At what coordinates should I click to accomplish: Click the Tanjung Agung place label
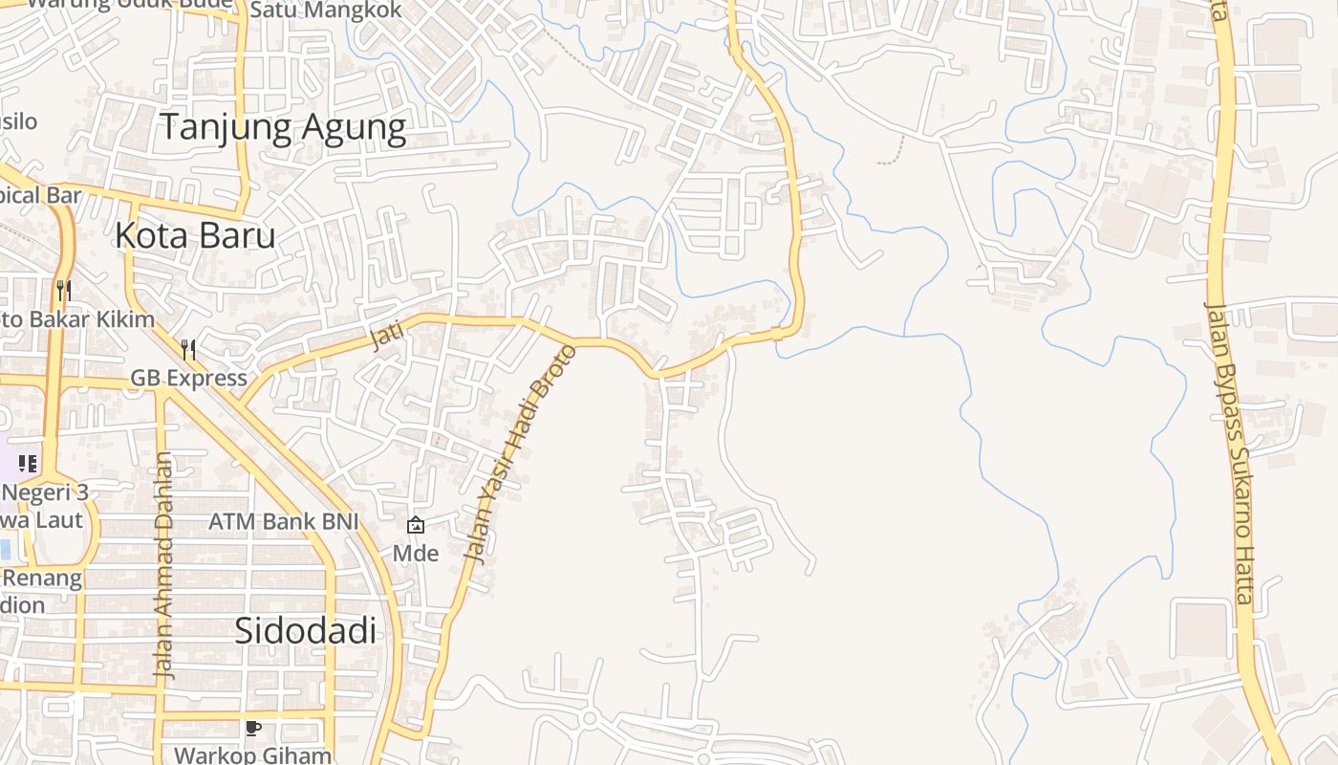[283, 127]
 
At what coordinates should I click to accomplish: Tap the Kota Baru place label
[195, 235]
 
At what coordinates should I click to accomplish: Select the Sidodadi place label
[305, 631]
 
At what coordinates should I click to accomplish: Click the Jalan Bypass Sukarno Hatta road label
[1228, 452]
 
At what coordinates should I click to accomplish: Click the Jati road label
[387, 335]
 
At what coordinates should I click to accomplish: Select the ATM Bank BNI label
[284, 522]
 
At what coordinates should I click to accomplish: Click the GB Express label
[188, 378]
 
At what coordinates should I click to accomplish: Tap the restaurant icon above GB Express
[188, 350]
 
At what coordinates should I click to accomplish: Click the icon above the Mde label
[416, 525]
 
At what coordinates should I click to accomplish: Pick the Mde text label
[416, 553]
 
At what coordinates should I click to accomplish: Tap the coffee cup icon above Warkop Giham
[252, 729]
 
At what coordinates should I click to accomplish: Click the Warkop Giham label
[252, 755]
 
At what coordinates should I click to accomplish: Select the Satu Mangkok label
[325, 10]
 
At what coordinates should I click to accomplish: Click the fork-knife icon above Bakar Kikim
[64, 290]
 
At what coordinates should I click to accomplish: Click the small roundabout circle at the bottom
[590, 718]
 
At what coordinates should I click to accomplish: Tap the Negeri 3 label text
[45, 492]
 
